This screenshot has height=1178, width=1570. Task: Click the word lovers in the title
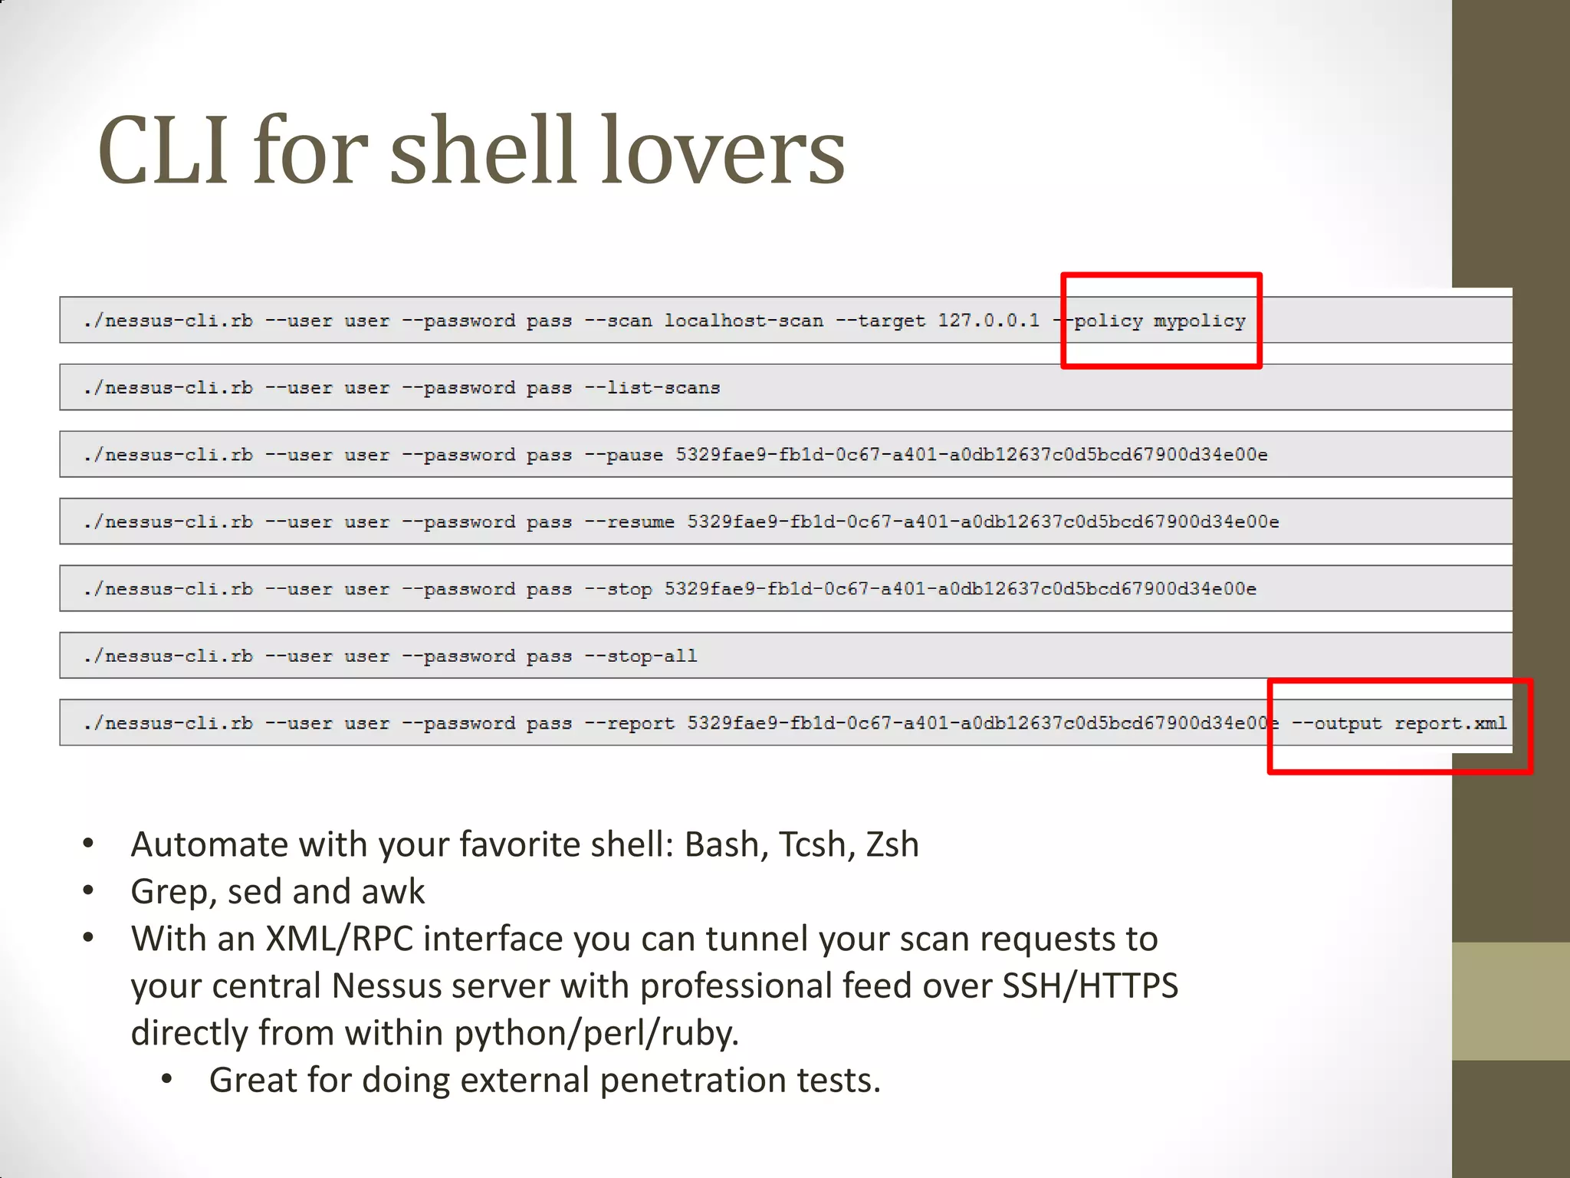pyautogui.click(x=722, y=151)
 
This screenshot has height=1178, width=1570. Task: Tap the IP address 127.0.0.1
pyautogui.click(x=989, y=321)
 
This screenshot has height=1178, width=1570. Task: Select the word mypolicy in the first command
pyautogui.click(x=1200, y=321)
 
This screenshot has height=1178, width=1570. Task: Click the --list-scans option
pyautogui.click(x=652, y=388)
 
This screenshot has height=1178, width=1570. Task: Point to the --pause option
pyautogui.click(x=624, y=455)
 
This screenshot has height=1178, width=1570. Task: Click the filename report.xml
pyautogui.click(x=1450, y=723)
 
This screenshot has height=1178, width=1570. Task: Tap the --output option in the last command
pyautogui.click(x=1336, y=723)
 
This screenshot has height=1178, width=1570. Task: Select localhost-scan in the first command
pyautogui.click(x=744, y=321)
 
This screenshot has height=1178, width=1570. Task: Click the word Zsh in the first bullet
pyautogui.click(x=892, y=845)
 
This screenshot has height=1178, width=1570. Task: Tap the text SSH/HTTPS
pyautogui.click(x=1090, y=986)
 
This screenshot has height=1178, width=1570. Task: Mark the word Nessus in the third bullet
pyautogui.click(x=386, y=986)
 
